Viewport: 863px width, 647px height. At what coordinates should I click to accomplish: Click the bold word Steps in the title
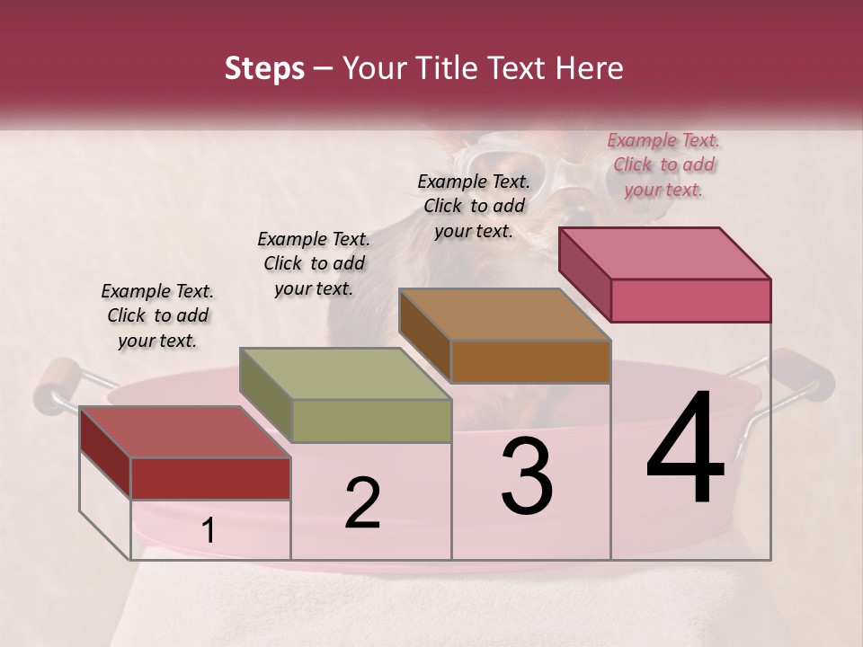pyautogui.click(x=264, y=68)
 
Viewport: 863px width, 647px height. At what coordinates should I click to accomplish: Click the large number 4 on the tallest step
pyautogui.click(x=686, y=448)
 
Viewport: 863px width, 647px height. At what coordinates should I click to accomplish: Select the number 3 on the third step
pyautogui.click(x=527, y=477)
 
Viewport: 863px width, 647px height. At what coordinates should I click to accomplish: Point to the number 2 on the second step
pyautogui.click(x=362, y=503)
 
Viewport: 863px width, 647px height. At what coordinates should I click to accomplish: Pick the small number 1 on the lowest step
pyautogui.click(x=208, y=530)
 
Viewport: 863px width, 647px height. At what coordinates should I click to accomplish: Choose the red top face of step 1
pyautogui.click(x=184, y=432)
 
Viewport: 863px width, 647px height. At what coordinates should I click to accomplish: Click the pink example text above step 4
pyautogui.click(x=663, y=164)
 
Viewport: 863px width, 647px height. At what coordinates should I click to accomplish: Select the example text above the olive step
pyautogui.click(x=314, y=263)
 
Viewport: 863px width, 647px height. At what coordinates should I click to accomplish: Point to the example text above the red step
pyautogui.click(x=157, y=315)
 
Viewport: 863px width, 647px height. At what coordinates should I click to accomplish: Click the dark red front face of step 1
pyautogui.click(x=210, y=478)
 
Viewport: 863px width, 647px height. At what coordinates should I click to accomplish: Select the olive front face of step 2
pyautogui.click(x=371, y=421)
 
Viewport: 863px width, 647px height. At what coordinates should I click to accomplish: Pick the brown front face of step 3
pyautogui.click(x=530, y=361)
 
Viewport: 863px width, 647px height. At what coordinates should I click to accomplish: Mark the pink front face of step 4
pyautogui.click(x=690, y=300)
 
